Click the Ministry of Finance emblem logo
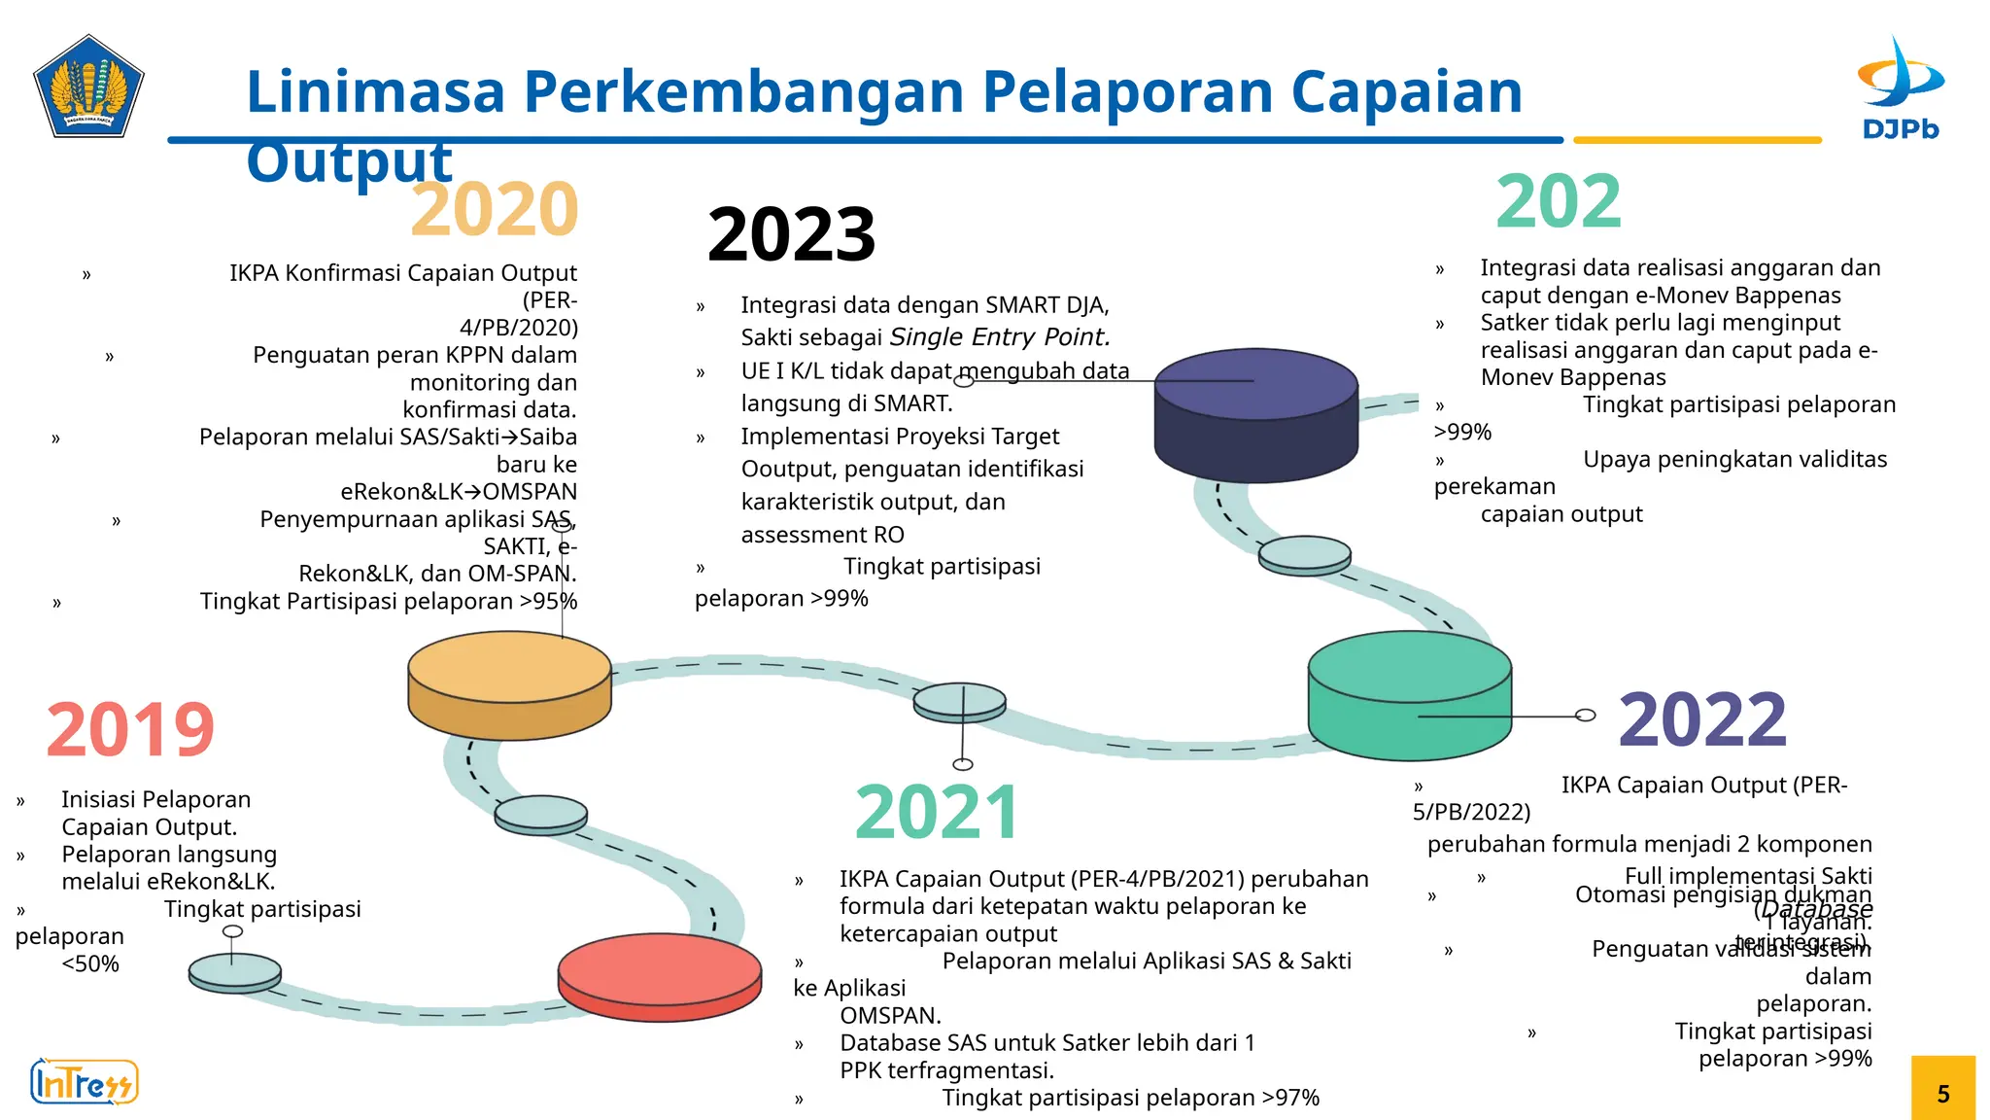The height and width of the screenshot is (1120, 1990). (x=88, y=87)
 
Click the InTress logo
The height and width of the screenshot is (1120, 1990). (x=85, y=1082)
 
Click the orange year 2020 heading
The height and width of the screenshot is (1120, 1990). (x=494, y=209)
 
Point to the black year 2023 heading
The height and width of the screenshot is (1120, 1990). (x=791, y=235)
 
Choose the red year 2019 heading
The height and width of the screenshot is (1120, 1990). (x=129, y=730)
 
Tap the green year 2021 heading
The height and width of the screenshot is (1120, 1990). (x=937, y=813)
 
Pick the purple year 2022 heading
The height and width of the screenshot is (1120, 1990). (x=1702, y=720)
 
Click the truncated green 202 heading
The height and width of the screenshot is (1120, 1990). (x=1559, y=202)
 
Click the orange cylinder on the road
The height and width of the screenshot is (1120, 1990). (x=509, y=684)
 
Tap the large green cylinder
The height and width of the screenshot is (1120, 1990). (x=1409, y=694)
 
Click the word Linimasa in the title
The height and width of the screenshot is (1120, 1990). (x=375, y=92)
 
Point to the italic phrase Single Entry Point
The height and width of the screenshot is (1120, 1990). (x=1000, y=337)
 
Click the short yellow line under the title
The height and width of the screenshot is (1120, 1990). (x=1697, y=140)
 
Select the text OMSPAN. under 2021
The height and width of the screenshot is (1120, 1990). (x=890, y=1016)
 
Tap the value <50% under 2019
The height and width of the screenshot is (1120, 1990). (x=90, y=964)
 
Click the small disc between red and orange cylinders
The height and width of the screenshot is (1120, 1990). (x=540, y=815)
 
